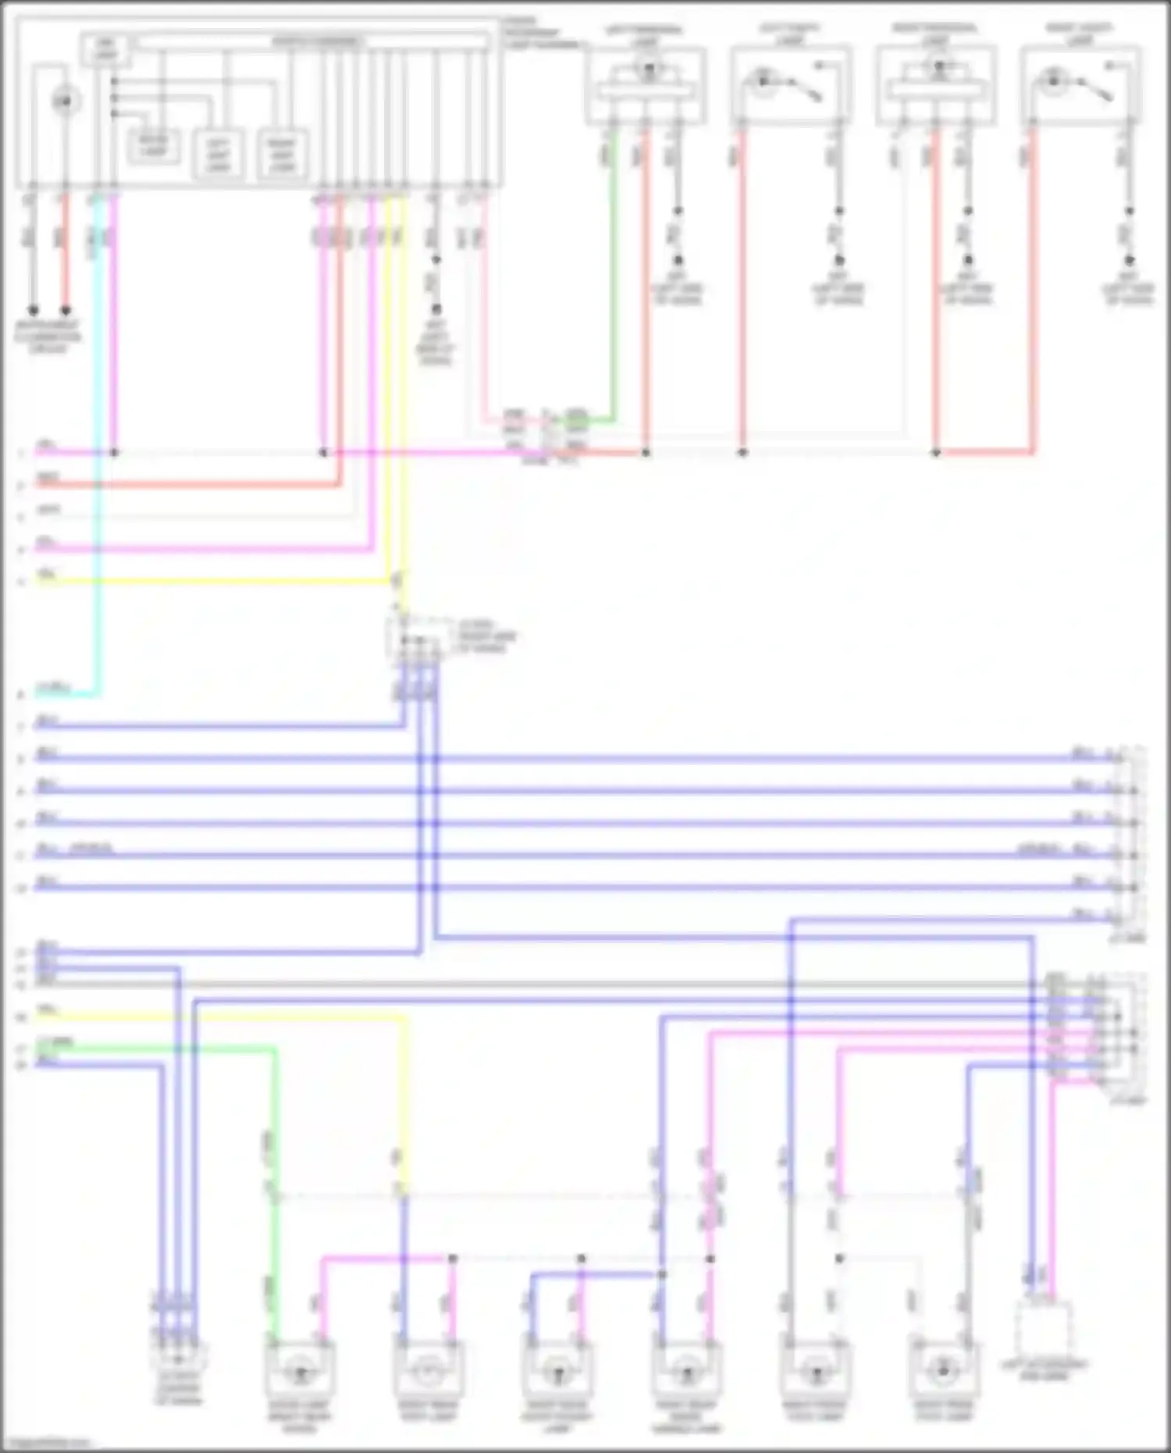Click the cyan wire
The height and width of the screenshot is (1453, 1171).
pos(98,468)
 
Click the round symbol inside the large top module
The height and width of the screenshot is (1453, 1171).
pos(66,101)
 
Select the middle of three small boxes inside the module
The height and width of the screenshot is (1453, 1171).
pos(218,153)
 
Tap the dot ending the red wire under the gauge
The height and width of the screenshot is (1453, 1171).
pos(66,310)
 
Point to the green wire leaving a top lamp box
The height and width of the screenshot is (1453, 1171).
pos(614,273)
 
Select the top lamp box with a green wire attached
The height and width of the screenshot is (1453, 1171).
pos(646,84)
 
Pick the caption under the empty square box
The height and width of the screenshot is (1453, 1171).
pos(1044,1369)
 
